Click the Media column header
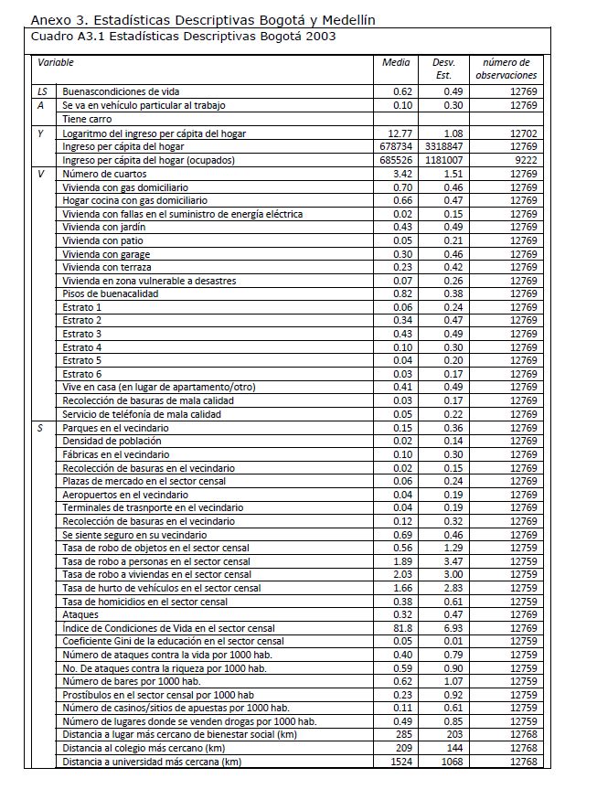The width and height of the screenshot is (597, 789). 396,63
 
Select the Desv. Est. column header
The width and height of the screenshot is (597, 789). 442,69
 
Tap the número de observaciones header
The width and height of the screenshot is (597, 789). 506,69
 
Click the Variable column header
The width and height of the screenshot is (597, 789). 56,63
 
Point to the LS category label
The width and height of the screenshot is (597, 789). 42,92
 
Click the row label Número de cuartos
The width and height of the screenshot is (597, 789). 104,174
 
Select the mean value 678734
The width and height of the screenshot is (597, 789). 395,146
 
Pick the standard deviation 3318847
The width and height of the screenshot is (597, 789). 442,146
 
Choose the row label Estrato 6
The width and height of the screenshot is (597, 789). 82,374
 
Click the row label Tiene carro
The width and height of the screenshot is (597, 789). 88,119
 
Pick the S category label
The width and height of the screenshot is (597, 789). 40,427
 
